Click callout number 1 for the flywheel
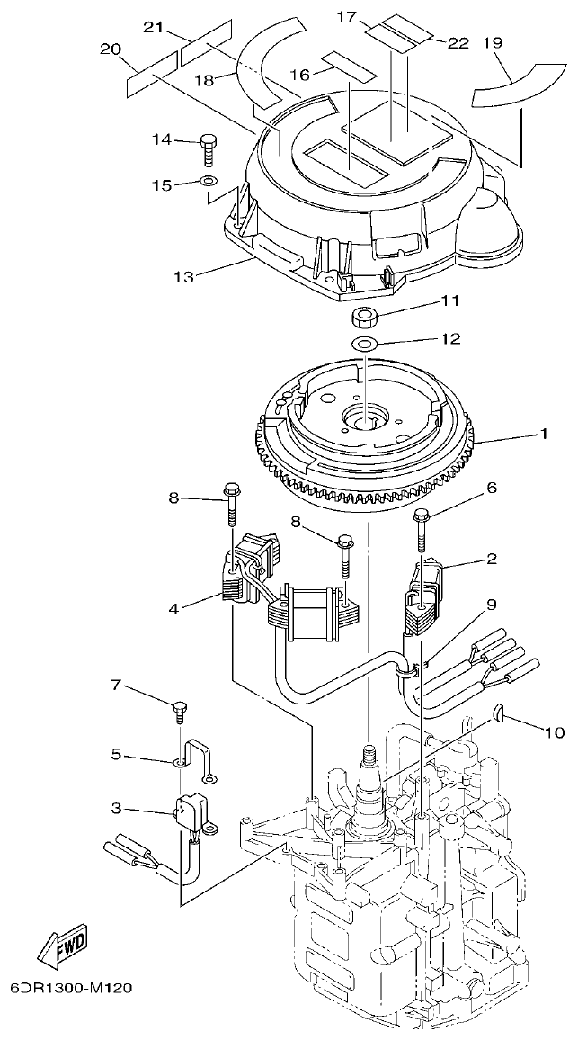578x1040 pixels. pos(543,433)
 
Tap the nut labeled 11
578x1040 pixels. pos(365,318)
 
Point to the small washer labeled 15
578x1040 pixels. pos(208,184)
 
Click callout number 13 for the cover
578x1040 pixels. pos(183,276)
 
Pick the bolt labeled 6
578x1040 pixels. pos(421,526)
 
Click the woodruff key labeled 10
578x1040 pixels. pos(499,715)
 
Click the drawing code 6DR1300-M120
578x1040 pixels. pos(71,989)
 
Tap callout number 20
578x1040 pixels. pos(111,49)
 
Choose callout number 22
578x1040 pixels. pos(458,42)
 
